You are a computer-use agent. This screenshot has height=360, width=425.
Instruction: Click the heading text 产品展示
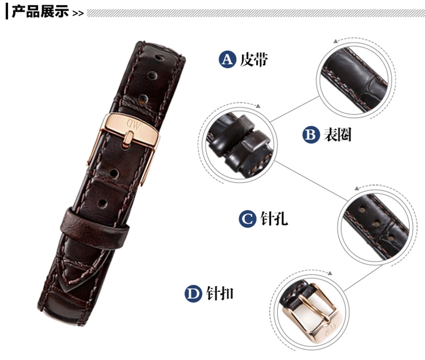(x=40, y=12)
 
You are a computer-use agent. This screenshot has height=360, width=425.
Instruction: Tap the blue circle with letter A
(x=227, y=59)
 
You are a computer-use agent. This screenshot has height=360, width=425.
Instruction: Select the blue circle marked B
(x=311, y=135)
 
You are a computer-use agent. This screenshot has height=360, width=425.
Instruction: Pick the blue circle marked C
(x=248, y=219)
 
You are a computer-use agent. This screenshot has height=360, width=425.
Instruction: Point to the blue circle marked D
(x=193, y=294)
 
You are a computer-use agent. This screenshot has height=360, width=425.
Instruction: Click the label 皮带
(x=254, y=59)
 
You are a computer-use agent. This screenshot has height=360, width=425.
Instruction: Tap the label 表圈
(x=337, y=135)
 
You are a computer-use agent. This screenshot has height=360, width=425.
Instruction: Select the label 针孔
(x=274, y=218)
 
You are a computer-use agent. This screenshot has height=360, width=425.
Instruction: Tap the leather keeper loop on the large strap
(x=93, y=228)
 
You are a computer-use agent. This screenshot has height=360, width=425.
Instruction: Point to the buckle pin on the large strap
(x=128, y=139)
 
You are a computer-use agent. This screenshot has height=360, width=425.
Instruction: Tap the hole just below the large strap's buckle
(x=114, y=174)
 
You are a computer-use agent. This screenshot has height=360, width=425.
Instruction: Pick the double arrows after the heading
(x=78, y=13)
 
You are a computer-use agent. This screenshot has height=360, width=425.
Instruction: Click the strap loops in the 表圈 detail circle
(x=239, y=145)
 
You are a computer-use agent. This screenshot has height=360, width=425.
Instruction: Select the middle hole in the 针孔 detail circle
(x=376, y=224)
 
